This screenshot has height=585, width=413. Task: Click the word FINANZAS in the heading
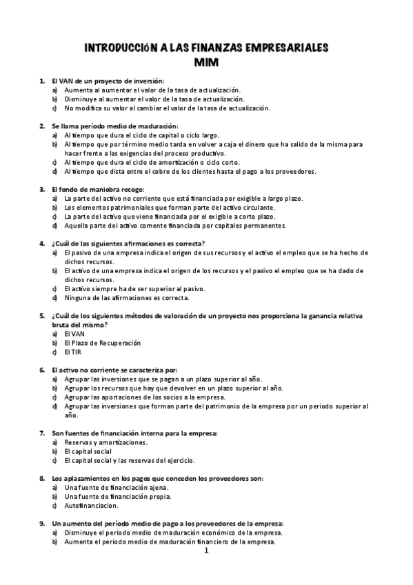(208, 48)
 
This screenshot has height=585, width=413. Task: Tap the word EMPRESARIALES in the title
(285, 48)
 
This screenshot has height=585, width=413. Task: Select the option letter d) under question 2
(54, 171)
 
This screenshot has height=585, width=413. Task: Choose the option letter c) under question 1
(54, 108)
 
